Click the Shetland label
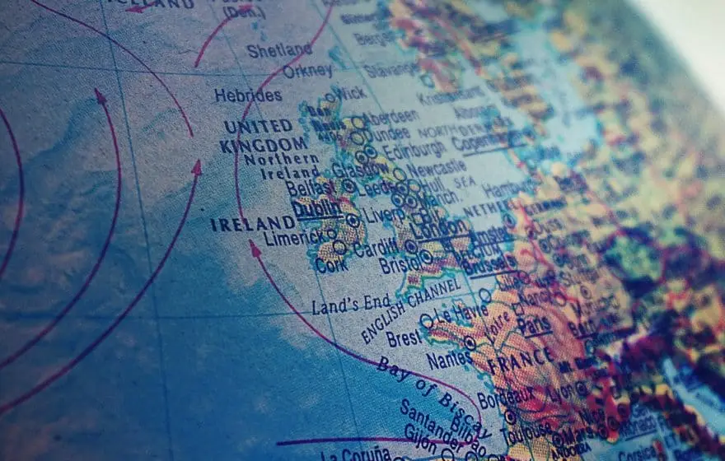click(x=279, y=50)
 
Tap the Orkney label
click(x=307, y=71)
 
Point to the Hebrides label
click(x=248, y=95)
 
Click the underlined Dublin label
click(x=317, y=210)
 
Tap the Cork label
click(x=331, y=265)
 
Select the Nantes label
click(x=449, y=360)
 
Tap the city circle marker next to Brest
click(x=426, y=320)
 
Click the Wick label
click(x=351, y=93)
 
